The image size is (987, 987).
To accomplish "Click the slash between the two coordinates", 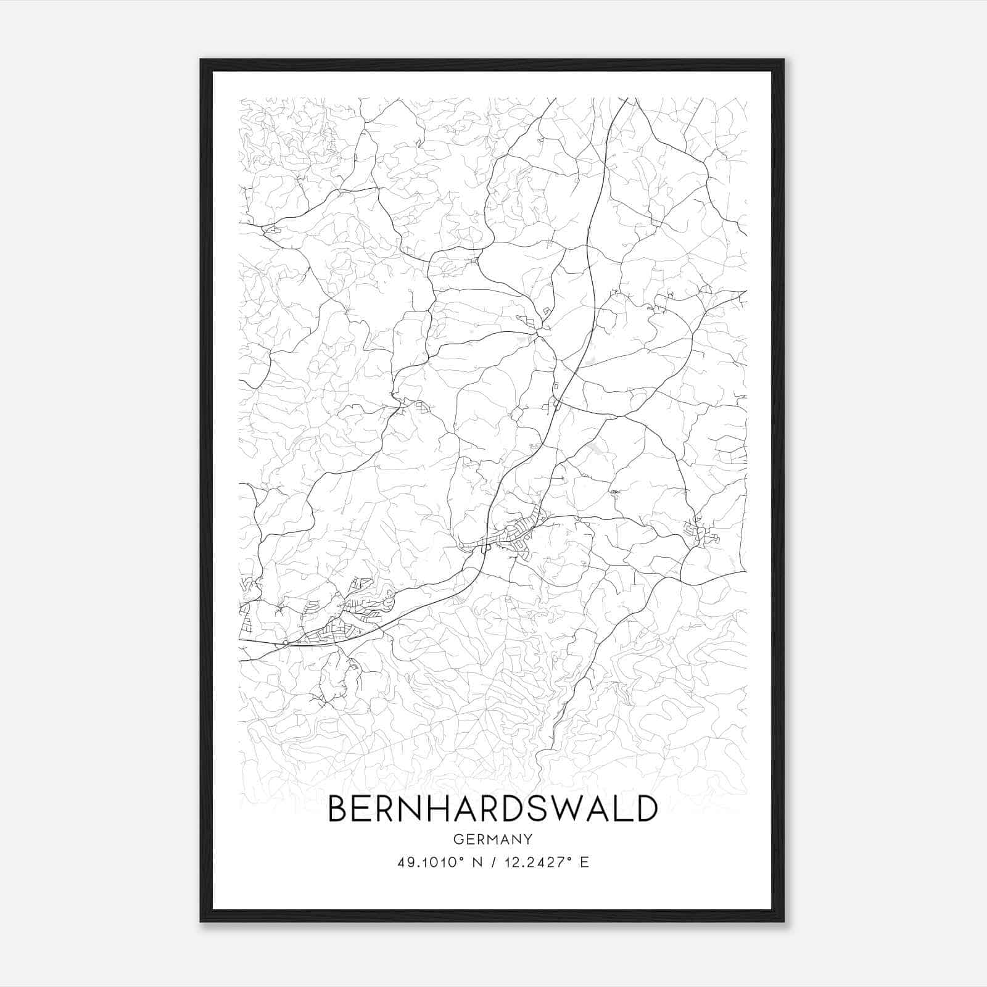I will point(490,862).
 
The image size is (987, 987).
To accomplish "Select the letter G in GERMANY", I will point(458,839).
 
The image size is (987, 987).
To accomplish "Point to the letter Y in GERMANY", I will point(528,839).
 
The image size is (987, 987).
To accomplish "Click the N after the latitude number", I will point(475,862).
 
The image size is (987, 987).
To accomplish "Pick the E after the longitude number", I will point(585,862).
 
